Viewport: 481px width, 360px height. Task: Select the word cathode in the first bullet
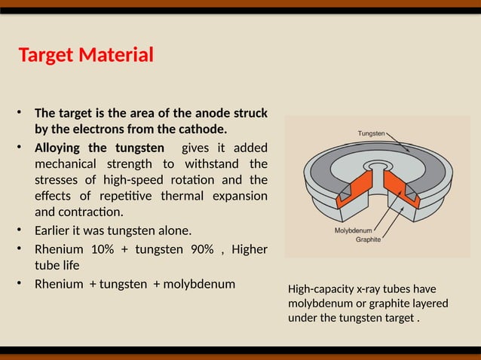point(199,129)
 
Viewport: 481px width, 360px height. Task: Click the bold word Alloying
point(59,147)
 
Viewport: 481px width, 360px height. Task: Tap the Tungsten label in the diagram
point(372,133)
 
